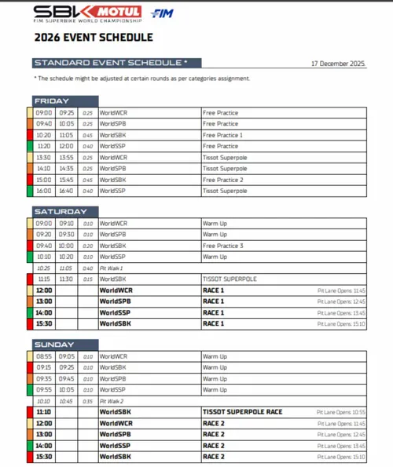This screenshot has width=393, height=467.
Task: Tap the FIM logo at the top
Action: click(x=162, y=13)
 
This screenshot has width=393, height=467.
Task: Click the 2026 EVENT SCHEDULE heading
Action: click(x=93, y=37)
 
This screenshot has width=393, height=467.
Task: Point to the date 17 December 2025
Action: click(x=338, y=63)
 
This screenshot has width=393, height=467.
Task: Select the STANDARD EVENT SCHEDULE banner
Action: click(x=110, y=62)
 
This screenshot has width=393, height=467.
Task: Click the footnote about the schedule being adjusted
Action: click(x=141, y=78)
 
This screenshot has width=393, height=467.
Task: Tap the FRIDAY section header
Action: click(x=52, y=100)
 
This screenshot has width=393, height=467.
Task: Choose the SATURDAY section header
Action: click(x=60, y=212)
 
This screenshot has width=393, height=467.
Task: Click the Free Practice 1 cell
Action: click(x=223, y=135)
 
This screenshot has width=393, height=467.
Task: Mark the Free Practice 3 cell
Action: click(x=223, y=245)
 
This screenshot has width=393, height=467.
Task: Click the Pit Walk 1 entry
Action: click(x=112, y=268)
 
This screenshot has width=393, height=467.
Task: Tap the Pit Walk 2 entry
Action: click(x=112, y=400)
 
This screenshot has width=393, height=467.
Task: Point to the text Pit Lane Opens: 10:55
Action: click(x=341, y=412)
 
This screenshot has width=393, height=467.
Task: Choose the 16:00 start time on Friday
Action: click(x=44, y=191)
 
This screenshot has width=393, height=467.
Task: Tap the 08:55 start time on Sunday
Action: click(x=44, y=356)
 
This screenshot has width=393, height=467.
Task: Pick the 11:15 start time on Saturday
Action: click(x=44, y=279)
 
